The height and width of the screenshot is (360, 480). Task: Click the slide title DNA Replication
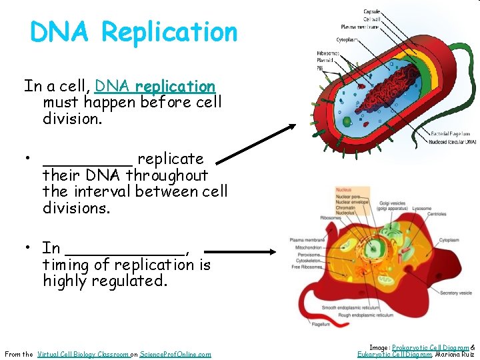[x=133, y=32]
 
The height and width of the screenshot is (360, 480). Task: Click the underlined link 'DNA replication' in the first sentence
[x=155, y=87]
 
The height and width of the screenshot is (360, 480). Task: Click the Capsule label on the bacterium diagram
[x=372, y=12]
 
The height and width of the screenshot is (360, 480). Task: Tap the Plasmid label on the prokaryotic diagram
[x=325, y=60]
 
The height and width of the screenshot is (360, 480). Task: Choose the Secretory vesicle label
[x=456, y=293]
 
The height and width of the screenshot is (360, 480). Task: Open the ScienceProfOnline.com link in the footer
[x=175, y=354]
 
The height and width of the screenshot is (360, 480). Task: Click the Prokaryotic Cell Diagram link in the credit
[x=429, y=347]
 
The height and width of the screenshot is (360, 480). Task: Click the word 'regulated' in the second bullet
[x=136, y=281]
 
